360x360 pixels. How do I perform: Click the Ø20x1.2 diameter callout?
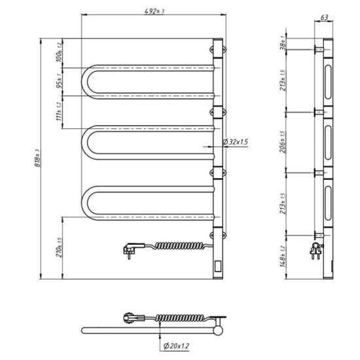pyautogui.click(x=177, y=345)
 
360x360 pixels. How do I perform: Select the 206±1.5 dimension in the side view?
pyautogui.click(x=283, y=142)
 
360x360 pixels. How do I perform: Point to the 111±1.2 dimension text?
pyautogui.click(x=60, y=112)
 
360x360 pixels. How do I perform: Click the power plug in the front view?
pyautogui.click(x=129, y=249)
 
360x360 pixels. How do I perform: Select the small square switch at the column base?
pyautogui.click(x=218, y=265)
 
